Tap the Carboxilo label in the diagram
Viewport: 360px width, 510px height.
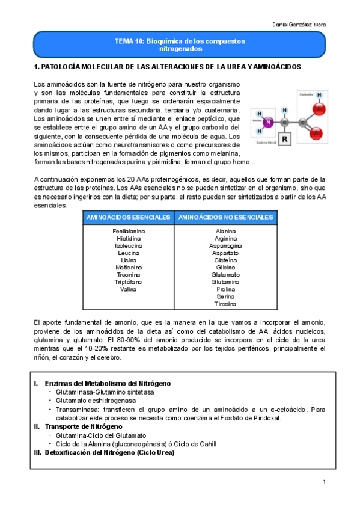(x=306, y=94)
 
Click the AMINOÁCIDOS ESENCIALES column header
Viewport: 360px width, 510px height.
(x=127, y=217)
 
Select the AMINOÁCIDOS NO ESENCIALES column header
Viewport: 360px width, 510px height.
(x=225, y=217)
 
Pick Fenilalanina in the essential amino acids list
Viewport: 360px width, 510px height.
(x=129, y=231)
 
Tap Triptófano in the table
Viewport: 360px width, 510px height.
(x=129, y=281)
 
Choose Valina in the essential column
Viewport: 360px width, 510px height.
(x=129, y=289)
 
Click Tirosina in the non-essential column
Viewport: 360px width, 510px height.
(x=225, y=304)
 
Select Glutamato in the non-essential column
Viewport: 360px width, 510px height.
(x=225, y=274)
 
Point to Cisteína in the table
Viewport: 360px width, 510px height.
(x=225, y=260)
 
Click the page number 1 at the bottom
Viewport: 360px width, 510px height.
(x=323, y=482)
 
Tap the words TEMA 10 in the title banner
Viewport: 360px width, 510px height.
(x=128, y=41)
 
